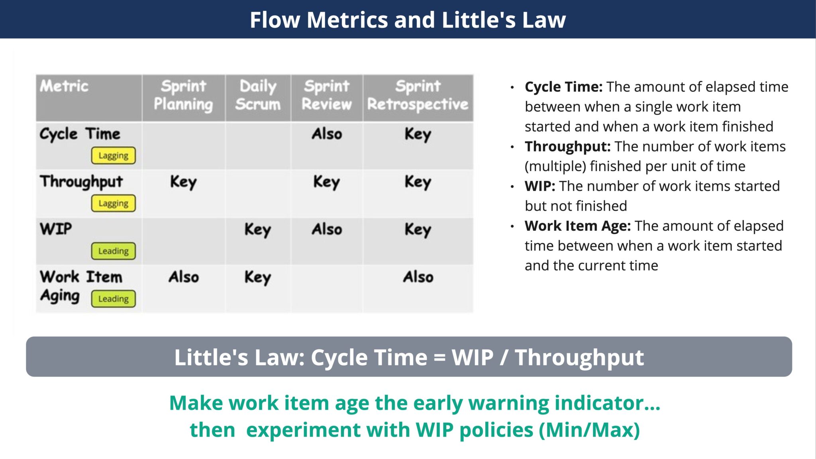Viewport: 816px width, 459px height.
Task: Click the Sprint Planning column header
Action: pos(183,96)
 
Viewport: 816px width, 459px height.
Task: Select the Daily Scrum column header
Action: pos(258,96)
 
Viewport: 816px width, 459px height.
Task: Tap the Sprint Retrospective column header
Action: pos(418,96)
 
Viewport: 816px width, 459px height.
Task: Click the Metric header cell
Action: pos(64,86)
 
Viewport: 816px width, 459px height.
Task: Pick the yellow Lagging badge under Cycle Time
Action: pos(114,155)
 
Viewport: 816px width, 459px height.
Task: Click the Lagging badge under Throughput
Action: pos(114,203)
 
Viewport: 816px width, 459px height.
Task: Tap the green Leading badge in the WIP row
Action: pos(114,251)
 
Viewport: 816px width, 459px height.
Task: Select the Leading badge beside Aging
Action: pos(114,299)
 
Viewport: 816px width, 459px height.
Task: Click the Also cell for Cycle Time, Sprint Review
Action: pos(327,134)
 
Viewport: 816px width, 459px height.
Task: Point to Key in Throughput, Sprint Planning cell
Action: pos(183,182)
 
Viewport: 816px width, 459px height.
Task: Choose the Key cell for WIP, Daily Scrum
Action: pos(258,230)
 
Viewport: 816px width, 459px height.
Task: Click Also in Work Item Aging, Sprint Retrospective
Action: pos(418,277)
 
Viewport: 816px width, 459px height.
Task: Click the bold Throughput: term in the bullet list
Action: pos(567,147)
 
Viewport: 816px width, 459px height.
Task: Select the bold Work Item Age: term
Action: pos(577,226)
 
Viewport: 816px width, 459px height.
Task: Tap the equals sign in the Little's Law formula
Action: pos(439,357)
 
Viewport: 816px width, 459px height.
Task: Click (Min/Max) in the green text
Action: pos(589,430)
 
